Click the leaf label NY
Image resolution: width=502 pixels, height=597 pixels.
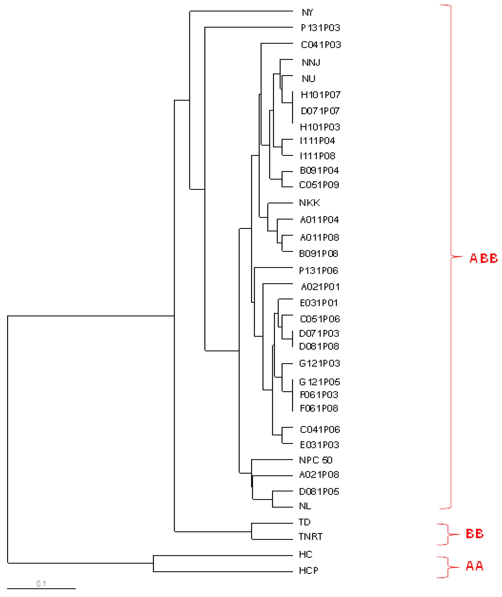pos(307,13)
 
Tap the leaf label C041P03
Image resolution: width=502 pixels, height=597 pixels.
pos(321,45)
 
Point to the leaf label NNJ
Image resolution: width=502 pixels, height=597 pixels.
pos(311,62)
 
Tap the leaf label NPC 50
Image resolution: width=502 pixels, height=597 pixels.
pos(316,460)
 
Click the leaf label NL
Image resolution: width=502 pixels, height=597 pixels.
pos(305,506)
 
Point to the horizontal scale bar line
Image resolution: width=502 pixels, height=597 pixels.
pos(41,589)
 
